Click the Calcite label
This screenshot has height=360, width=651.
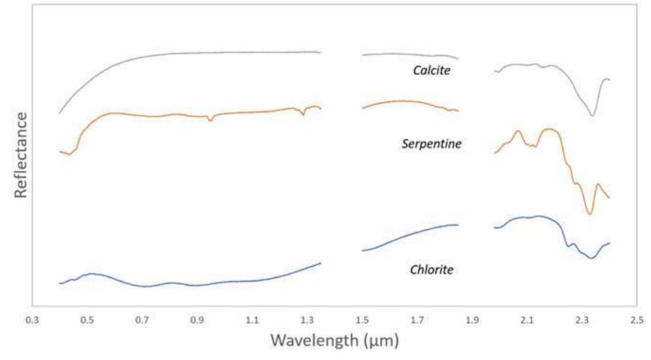coord(432,71)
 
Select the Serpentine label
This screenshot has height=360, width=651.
coord(432,144)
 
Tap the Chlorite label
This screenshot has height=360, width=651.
coord(432,270)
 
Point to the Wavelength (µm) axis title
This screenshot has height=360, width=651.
coord(334,341)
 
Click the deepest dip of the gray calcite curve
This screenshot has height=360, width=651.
coord(592,116)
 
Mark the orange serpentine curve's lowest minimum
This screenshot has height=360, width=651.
coord(590,214)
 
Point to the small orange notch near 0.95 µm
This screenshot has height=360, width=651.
coord(210,119)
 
